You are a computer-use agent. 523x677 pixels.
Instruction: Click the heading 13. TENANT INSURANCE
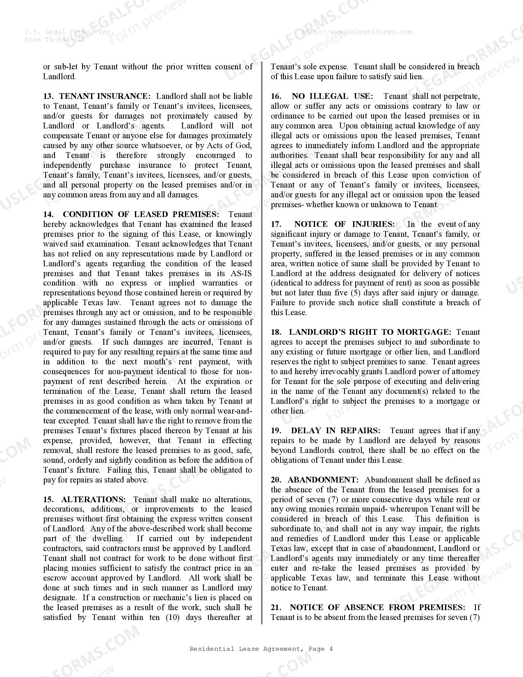pos(97,96)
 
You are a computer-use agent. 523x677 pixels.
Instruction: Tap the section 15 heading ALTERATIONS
pos(93,499)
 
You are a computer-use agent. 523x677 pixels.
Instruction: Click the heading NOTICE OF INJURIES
pos(344,224)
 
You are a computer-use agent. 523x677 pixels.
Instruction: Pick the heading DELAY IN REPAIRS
pos(335,430)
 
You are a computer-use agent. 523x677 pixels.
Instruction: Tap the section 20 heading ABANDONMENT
pos(323,480)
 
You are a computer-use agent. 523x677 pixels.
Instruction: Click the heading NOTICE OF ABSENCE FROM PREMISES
pos(377,607)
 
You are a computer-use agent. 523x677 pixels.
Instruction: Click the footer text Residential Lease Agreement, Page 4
pos(261,649)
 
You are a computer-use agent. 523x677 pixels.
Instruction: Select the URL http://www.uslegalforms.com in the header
pos(356,32)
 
